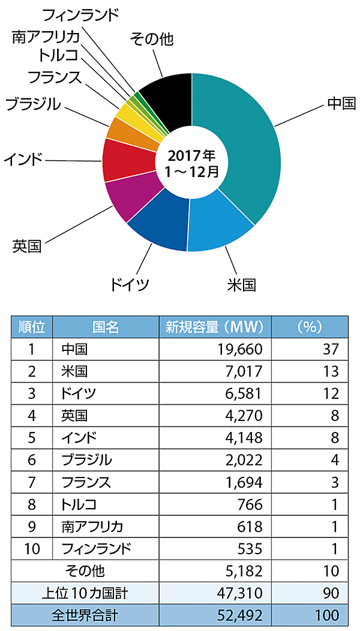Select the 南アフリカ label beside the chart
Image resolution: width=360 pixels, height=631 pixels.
[x=46, y=37]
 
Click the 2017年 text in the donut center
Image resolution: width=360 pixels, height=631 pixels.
[x=191, y=156]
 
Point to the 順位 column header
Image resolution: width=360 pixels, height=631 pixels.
[x=32, y=327]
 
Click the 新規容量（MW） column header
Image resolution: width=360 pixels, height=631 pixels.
[x=214, y=327]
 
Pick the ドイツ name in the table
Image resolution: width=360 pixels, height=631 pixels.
[x=79, y=393]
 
